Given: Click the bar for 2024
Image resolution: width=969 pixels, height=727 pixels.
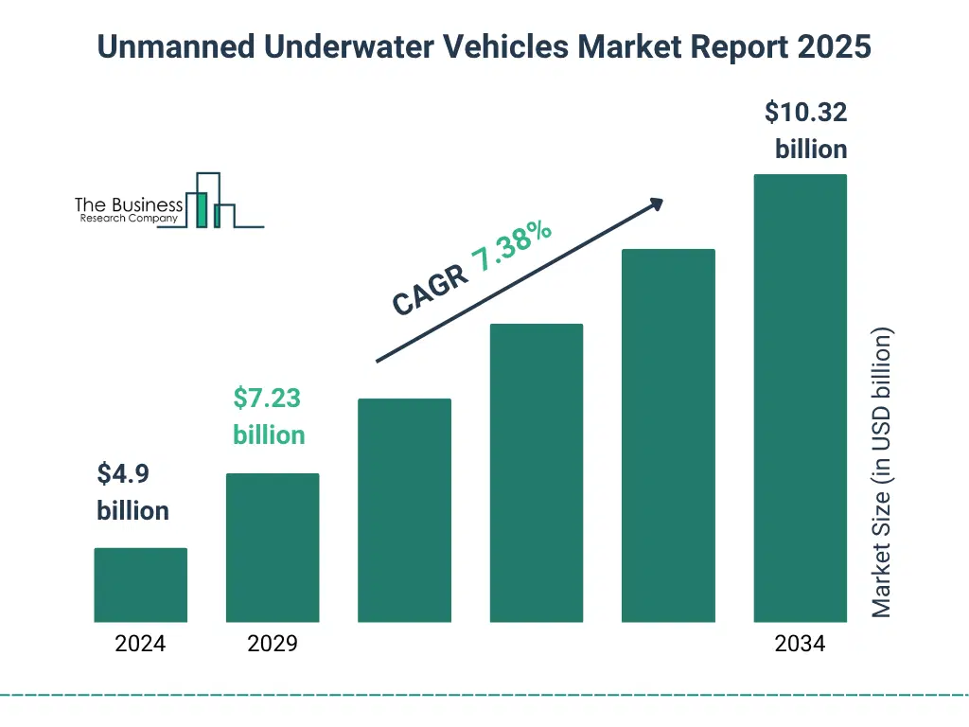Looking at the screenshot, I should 140,585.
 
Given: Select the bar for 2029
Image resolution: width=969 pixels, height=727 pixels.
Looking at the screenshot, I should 273,547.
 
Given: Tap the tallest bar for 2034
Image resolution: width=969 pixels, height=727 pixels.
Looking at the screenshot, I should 800,398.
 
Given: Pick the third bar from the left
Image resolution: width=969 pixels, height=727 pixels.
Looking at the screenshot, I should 404,510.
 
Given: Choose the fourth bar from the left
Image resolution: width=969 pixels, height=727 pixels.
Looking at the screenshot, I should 536,472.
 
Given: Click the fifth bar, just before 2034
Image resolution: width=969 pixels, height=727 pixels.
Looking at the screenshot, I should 668,435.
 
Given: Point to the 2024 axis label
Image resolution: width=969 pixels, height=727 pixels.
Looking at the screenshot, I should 140,645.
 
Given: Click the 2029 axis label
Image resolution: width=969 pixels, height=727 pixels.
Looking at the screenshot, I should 273,645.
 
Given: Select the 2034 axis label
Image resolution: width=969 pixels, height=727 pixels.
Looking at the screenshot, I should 800,645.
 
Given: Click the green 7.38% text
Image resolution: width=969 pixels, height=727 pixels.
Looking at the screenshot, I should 512,246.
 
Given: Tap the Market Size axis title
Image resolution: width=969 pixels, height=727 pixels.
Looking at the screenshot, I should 882,473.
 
